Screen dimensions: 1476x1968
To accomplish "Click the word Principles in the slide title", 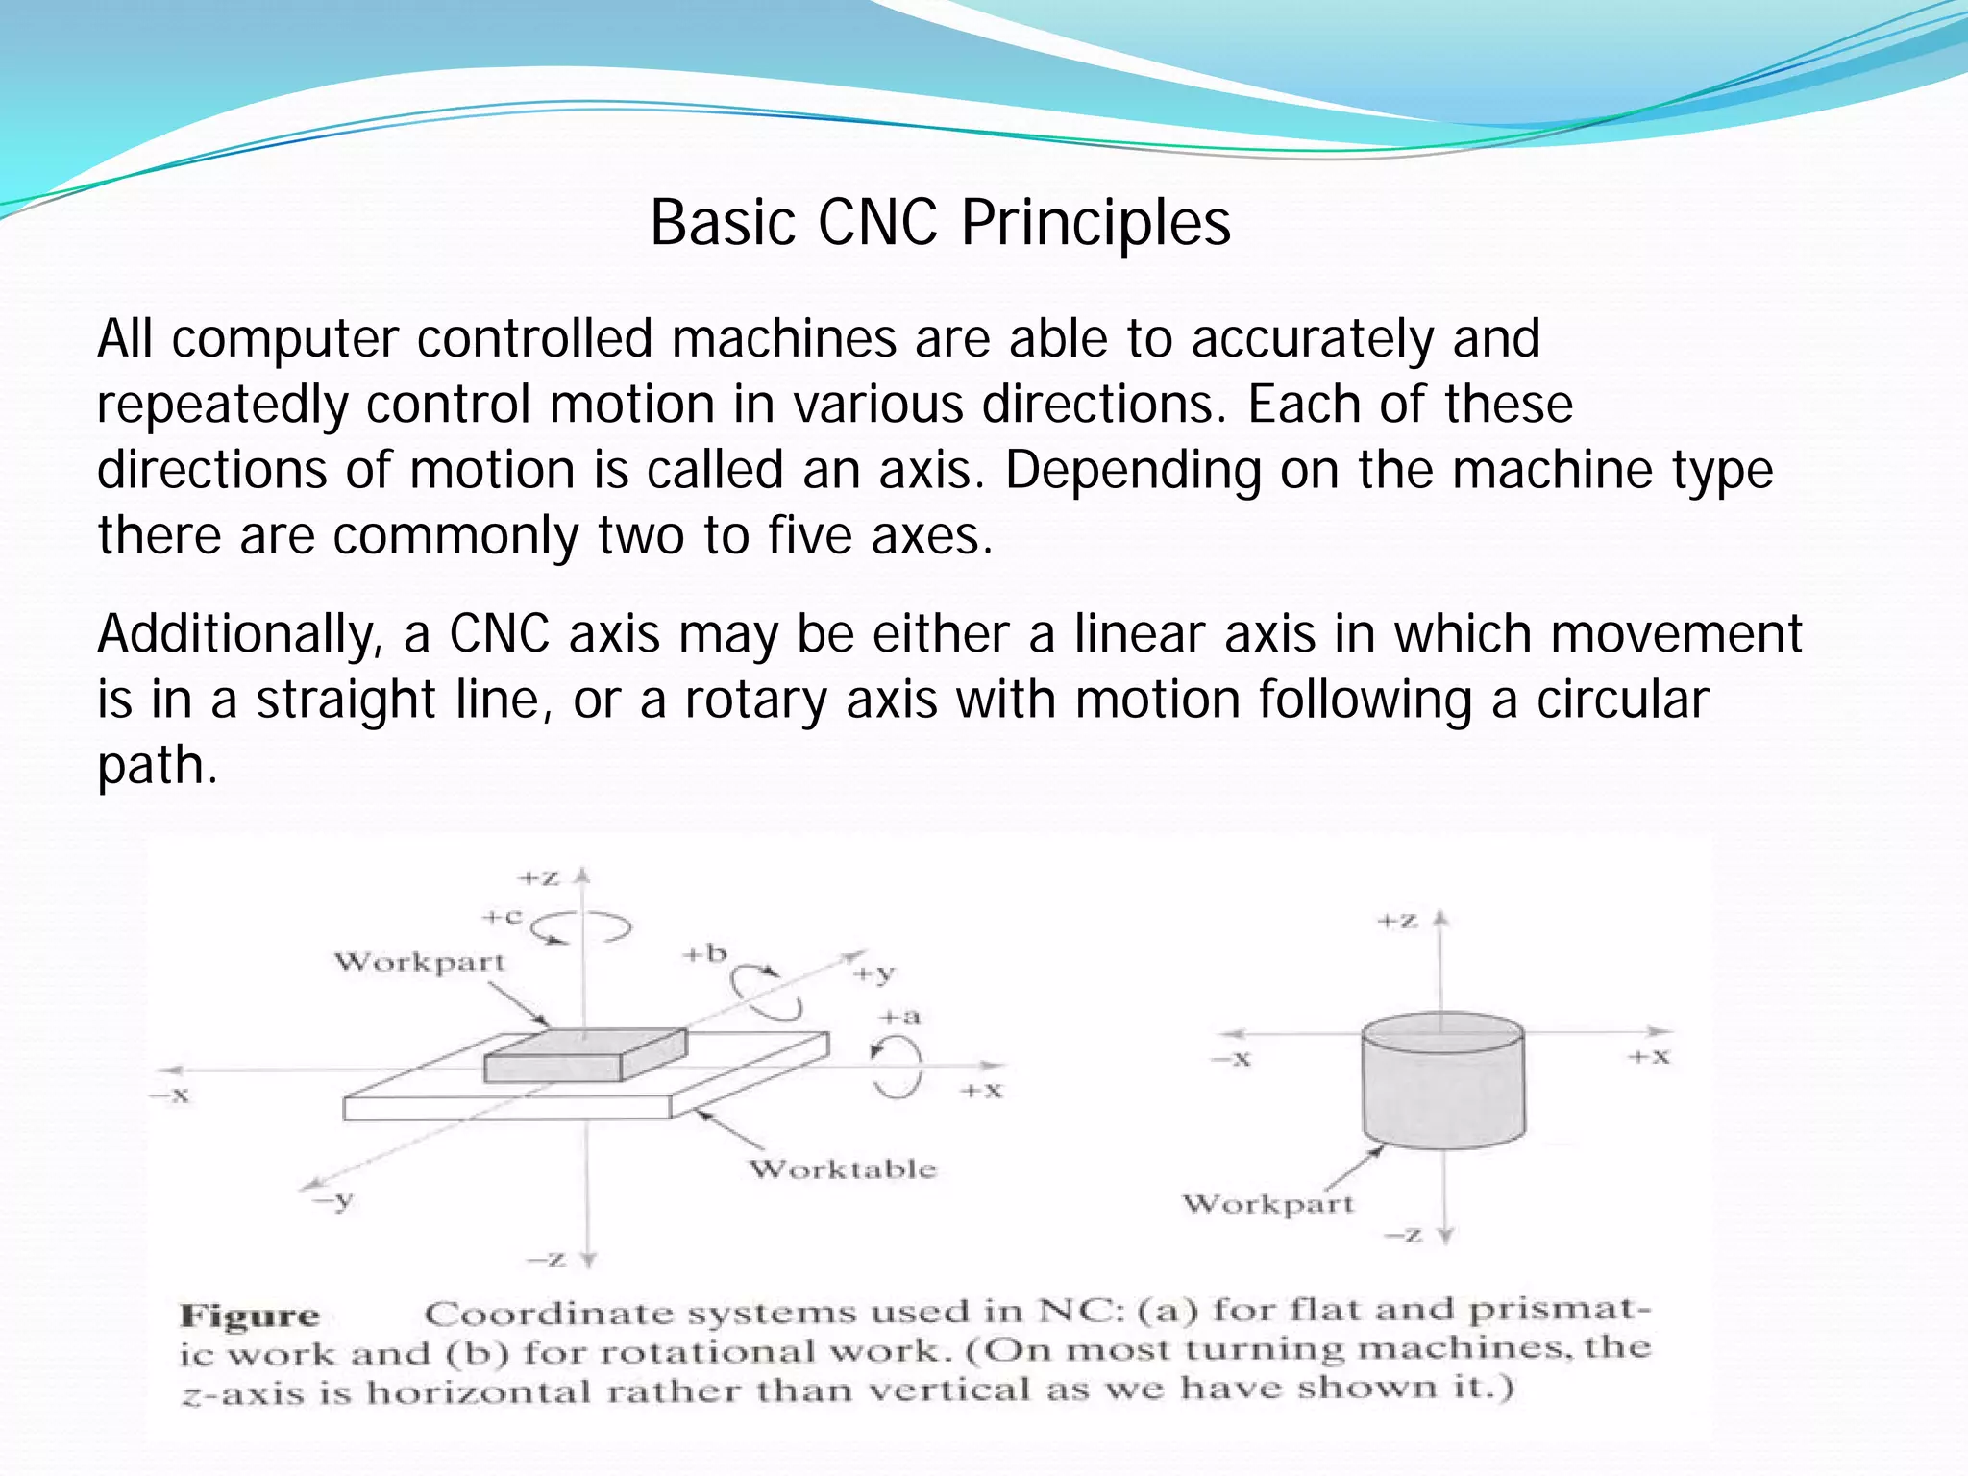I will click(x=1095, y=223).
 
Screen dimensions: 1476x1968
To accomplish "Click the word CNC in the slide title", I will click(x=876, y=223).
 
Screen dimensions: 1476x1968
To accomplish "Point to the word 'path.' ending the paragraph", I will click(x=158, y=765).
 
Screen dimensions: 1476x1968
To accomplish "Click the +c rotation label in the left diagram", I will click(x=502, y=917).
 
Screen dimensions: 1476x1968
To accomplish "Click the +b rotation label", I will click(x=704, y=954).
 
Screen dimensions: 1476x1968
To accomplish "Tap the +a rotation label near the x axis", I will click(x=900, y=1017).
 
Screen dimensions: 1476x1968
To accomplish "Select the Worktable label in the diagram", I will click(x=843, y=1169).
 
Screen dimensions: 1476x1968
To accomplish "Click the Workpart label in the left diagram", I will click(x=419, y=962).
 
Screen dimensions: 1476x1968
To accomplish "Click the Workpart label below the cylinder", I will click(x=1267, y=1204).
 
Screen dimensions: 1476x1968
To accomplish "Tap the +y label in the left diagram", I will click(x=874, y=974).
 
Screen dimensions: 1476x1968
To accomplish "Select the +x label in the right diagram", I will click(x=1649, y=1057).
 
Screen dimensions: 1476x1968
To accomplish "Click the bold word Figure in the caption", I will click(x=250, y=1316).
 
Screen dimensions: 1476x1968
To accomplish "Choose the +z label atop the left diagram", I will click(x=538, y=878).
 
